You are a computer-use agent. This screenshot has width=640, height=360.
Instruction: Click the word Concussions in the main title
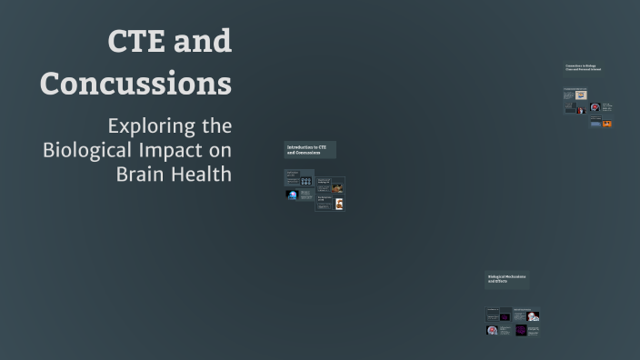pos(135,83)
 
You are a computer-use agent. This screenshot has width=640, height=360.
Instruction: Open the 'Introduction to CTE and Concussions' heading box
pos(310,150)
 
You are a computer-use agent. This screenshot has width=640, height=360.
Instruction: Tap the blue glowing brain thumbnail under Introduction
pos(293,195)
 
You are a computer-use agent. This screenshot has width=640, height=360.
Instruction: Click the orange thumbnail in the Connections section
pos(607,123)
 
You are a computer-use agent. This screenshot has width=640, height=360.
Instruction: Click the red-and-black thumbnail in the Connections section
pos(581,110)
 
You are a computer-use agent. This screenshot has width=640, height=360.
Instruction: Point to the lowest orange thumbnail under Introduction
pos(337,205)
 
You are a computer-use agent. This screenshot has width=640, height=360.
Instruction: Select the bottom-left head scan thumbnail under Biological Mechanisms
pos(492,330)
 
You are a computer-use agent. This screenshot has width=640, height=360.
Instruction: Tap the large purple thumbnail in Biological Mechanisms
pos(521,329)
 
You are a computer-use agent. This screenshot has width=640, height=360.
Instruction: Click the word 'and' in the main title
pos(202,41)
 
